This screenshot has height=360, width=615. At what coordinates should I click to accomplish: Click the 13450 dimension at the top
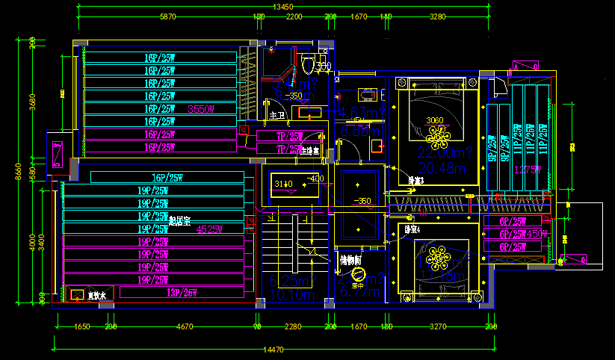pos(282,6)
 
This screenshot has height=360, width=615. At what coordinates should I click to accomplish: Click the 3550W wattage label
pos(201,109)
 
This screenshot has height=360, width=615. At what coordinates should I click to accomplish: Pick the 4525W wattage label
pos(210,229)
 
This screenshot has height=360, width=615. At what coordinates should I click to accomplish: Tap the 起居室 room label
pos(180,220)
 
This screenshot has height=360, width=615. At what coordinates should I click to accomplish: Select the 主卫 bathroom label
pos(277,117)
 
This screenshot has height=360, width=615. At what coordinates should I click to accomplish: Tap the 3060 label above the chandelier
pos(434,120)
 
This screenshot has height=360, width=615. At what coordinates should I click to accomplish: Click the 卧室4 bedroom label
pos(412,229)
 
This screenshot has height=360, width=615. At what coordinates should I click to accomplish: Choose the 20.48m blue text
pos(436,169)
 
